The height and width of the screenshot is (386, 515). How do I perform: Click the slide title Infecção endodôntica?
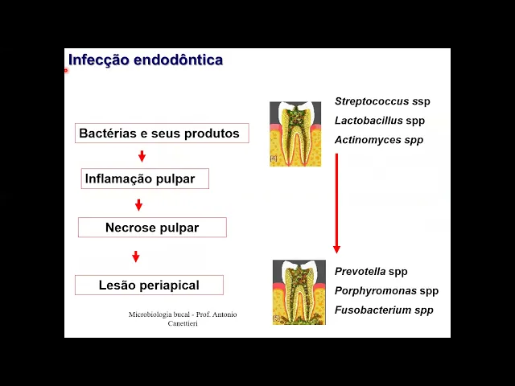pyautogui.click(x=146, y=60)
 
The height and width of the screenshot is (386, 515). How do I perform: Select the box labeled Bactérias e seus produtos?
pyautogui.click(x=159, y=133)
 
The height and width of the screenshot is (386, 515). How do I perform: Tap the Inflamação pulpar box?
pyautogui.click(x=145, y=179)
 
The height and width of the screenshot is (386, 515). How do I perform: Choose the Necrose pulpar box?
pyautogui.click(x=152, y=228)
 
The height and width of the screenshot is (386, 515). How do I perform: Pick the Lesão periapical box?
pyautogui.click(x=149, y=285)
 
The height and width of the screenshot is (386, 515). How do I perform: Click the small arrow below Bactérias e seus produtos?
pyautogui.click(x=142, y=156)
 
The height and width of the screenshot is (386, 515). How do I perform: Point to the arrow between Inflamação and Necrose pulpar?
pyautogui.click(x=138, y=205)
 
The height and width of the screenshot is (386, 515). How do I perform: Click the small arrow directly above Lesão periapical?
pyautogui.click(x=136, y=257)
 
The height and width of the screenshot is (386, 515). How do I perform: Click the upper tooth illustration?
pyautogui.click(x=295, y=133)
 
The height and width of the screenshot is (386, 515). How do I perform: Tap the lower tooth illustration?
pyautogui.click(x=299, y=291)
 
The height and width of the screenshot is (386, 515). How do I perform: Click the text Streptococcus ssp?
pyautogui.click(x=371, y=101)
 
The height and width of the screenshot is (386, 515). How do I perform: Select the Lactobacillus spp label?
pyautogui.click(x=368, y=121)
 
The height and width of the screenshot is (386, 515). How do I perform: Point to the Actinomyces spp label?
pyautogui.click(x=368, y=140)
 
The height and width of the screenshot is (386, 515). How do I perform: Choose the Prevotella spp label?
pyautogui.click(x=371, y=272)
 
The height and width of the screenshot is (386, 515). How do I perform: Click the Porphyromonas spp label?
pyautogui.click(x=386, y=291)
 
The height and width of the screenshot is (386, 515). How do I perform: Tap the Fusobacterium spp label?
pyautogui.click(x=384, y=310)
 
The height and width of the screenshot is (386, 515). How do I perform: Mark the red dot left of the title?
pyautogui.click(x=66, y=70)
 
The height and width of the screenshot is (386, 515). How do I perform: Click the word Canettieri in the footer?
pyautogui.click(x=183, y=323)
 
